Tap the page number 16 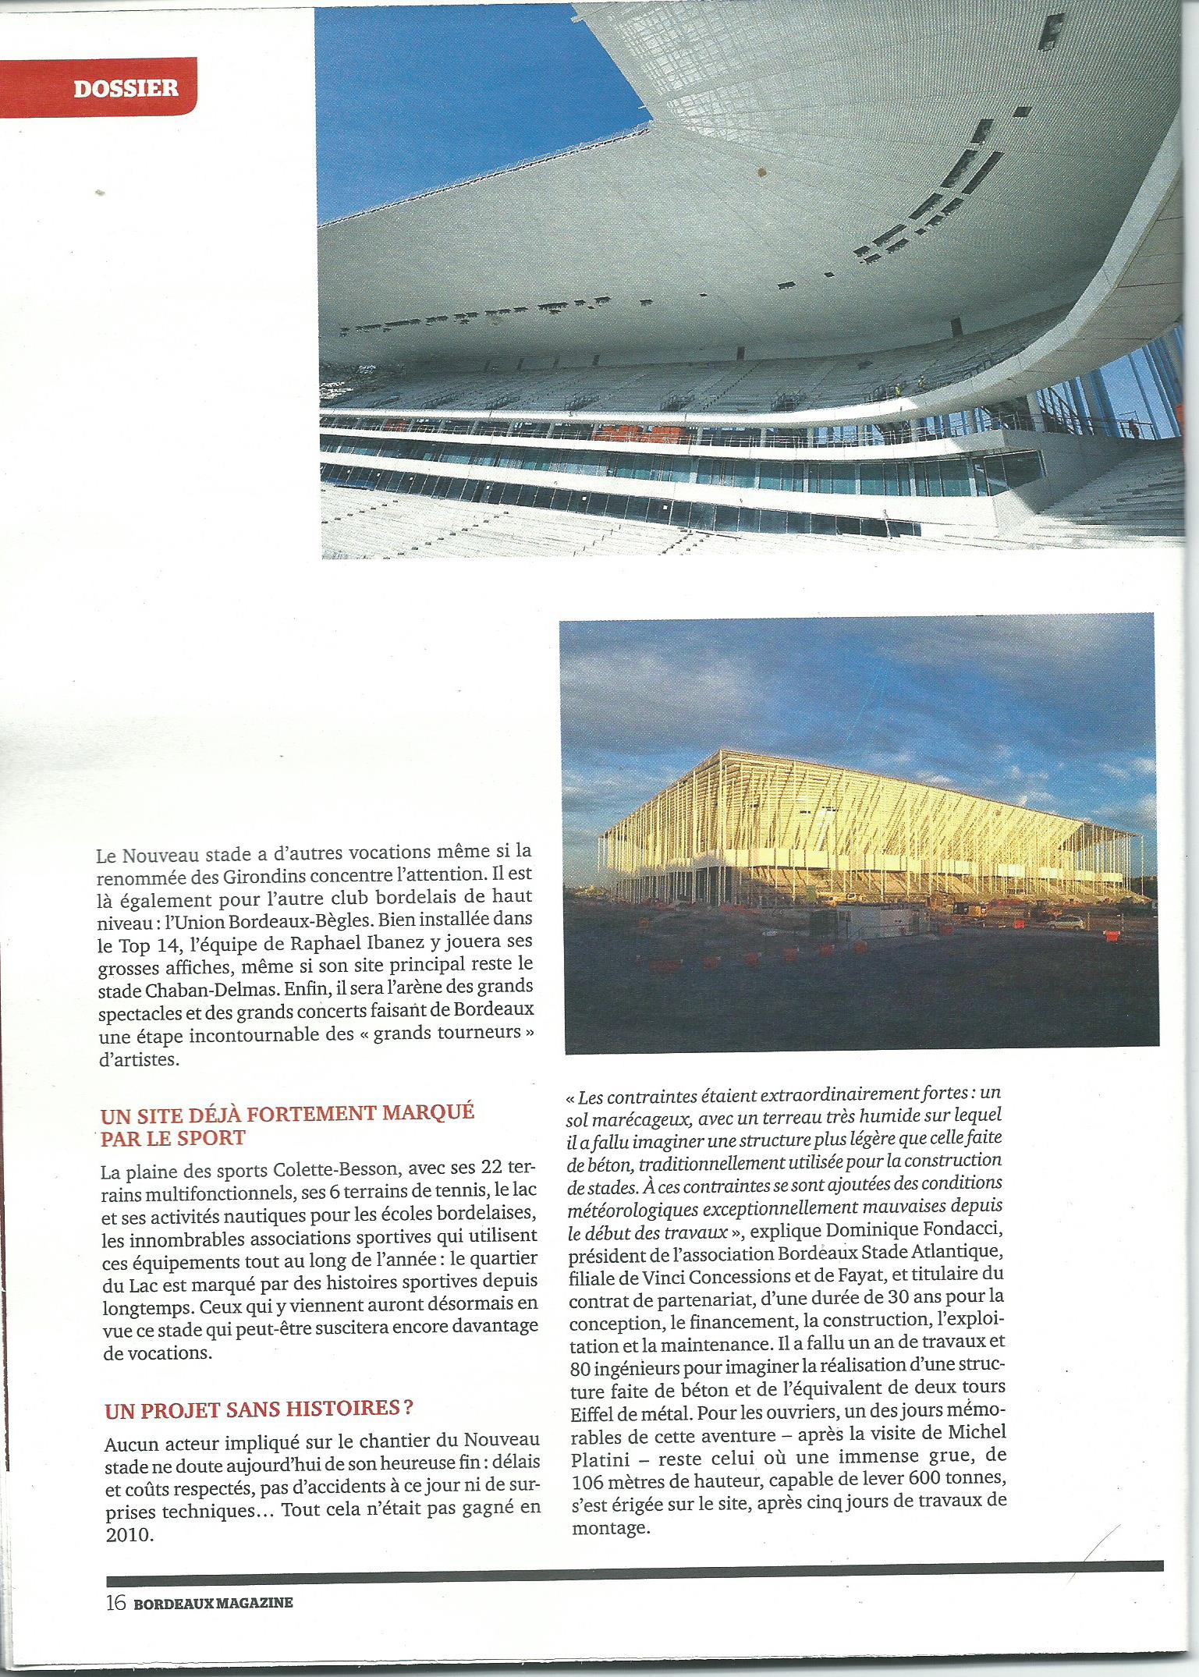pyautogui.click(x=115, y=1619)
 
